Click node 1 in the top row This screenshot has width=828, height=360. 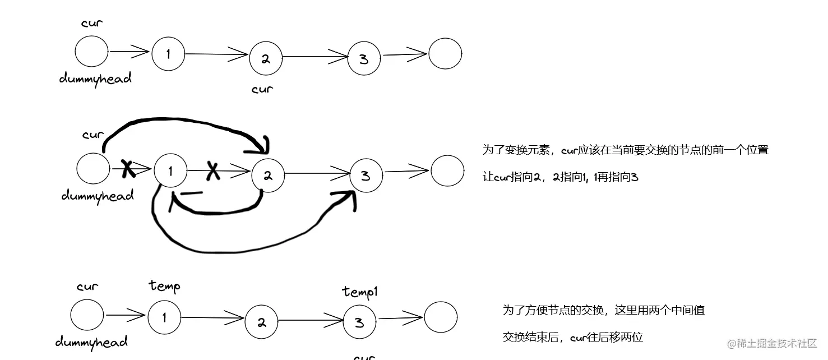[168, 53]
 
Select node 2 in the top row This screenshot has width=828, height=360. [266, 58]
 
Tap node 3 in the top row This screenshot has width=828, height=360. [364, 58]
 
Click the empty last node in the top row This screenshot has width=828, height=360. [445, 54]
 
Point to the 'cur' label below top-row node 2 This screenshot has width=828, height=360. [262, 89]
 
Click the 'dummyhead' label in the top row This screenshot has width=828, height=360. [95, 79]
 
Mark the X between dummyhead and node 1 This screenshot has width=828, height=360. [128, 168]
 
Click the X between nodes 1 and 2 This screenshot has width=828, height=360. [212, 170]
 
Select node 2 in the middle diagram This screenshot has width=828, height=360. [268, 175]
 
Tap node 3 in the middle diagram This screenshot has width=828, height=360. [366, 176]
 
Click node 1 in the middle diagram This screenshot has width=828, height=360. [170, 171]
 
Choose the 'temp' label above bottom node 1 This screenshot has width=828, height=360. [164, 286]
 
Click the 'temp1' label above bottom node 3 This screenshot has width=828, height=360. [361, 292]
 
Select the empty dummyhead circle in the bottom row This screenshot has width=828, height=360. [87, 315]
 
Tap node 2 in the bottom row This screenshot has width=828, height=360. [261, 322]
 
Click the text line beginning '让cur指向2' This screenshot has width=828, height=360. [560, 177]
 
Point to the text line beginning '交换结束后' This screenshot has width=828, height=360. [572, 337]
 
